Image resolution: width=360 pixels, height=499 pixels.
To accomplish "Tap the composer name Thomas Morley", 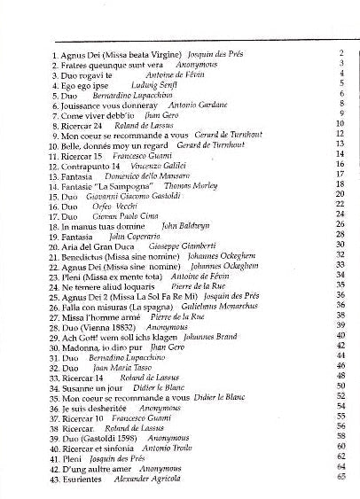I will (x=191, y=186).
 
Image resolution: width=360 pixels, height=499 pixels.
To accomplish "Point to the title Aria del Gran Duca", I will (x=96, y=246).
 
